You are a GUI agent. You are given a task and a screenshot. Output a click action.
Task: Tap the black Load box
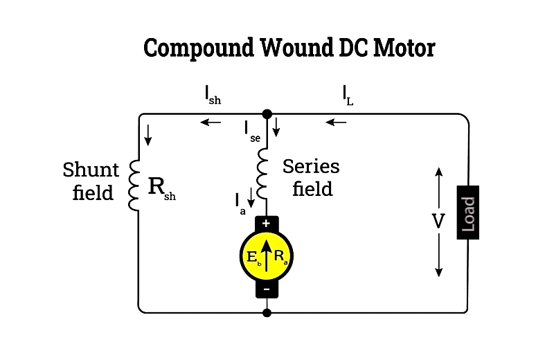coord(468,213)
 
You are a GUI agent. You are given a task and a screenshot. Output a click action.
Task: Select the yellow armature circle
coord(267,257)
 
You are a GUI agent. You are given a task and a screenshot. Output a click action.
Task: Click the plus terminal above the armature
coord(267,224)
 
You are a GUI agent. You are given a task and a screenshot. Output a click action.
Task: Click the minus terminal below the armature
coord(267,289)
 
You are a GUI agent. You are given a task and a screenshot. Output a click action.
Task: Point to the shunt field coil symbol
coord(136,186)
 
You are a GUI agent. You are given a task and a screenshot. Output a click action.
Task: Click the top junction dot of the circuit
coord(267,114)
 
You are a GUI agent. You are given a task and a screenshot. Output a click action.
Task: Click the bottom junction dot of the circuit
coord(267,312)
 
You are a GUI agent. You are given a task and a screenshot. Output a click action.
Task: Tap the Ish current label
coord(213,96)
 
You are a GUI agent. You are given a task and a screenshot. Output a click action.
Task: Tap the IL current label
coord(347,96)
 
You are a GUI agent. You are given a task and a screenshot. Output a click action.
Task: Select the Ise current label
coord(251,130)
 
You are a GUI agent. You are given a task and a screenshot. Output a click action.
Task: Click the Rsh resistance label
coord(161,188)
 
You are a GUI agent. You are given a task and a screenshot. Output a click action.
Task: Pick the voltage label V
coord(438,222)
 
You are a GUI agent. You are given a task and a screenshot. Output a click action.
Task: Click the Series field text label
coord(312,177)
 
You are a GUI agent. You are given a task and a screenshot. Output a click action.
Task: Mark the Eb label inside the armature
coord(254,258)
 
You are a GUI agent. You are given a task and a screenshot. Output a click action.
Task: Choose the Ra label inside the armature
coord(280,256)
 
